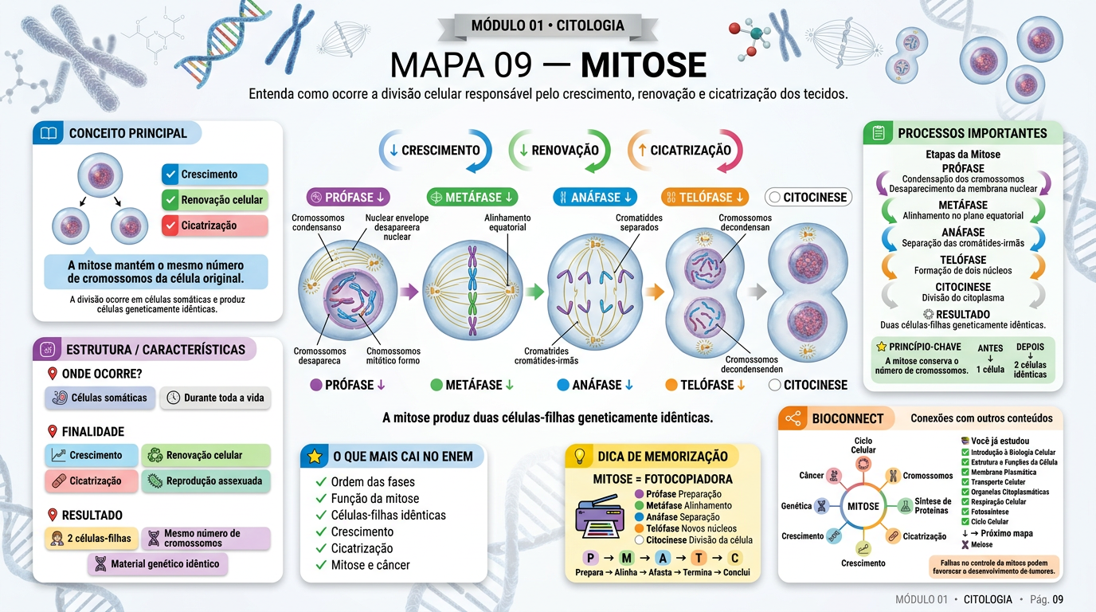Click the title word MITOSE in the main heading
(644, 65)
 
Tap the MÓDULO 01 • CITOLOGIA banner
(547, 25)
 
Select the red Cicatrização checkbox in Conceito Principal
(170, 226)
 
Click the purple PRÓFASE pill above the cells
(348, 198)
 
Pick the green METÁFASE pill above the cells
(472, 198)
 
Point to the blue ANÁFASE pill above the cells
(595, 198)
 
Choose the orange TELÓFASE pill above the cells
(705, 198)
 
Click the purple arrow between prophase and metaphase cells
(409, 292)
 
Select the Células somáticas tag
(100, 398)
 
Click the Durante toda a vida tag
(215, 398)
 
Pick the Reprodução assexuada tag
(206, 481)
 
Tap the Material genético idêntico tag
(158, 564)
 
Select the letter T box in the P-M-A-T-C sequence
(699, 558)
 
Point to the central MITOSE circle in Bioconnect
(863, 506)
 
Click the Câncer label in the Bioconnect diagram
(812, 476)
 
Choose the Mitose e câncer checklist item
(370, 565)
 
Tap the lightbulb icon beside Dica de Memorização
(579, 457)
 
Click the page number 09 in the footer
(1058, 599)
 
